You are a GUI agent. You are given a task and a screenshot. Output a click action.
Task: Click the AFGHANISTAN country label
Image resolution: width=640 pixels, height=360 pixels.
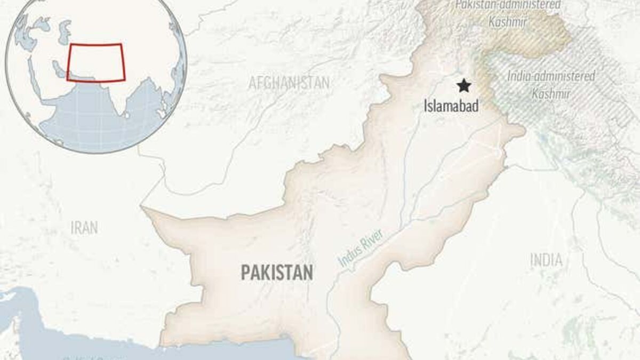(x=289, y=83)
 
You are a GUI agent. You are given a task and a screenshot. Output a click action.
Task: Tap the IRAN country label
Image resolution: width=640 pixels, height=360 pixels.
(x=84, y=228)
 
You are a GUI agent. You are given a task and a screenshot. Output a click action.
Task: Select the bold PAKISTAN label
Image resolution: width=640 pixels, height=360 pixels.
(x=277, y=273)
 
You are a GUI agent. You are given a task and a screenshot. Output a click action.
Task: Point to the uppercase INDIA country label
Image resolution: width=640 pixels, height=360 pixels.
(x=546, y=260)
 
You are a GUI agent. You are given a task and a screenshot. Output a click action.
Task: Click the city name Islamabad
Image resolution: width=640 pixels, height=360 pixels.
(x=451, y=106)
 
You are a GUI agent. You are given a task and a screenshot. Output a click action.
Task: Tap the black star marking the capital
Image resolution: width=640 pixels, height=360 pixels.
(x=464, y=85)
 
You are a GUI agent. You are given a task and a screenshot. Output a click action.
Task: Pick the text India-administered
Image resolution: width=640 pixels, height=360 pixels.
(x=551, y=77)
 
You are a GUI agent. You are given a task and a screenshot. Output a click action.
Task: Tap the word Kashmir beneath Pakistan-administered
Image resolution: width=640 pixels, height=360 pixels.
(x=508, y=22)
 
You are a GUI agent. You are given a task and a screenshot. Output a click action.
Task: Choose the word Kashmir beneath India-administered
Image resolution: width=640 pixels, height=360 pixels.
(x=551, y=94)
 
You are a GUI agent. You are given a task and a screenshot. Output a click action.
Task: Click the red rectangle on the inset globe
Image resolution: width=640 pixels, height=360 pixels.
(x=96, y=62)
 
